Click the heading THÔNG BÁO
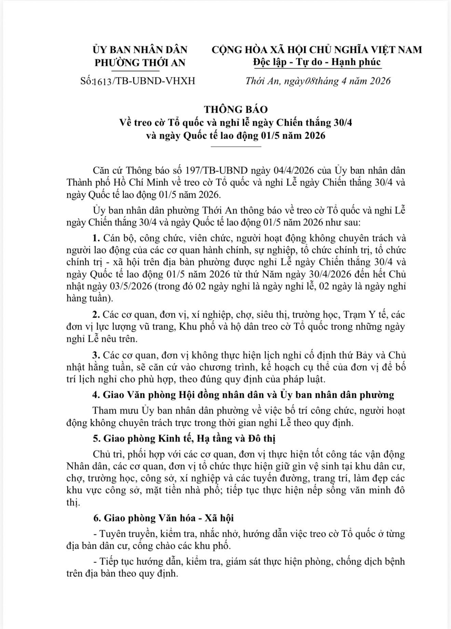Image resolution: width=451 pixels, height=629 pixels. click(236, 109)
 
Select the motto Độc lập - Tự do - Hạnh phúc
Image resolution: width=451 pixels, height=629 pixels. click(317, 62)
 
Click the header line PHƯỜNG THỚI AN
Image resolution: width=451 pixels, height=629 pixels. click(140, 62)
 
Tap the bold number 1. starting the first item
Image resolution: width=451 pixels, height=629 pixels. click(96, 238)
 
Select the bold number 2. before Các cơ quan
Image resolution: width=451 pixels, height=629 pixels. click(96, 314)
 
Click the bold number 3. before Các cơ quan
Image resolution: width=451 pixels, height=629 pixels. click(96, 355)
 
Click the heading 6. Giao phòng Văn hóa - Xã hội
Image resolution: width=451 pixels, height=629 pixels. click(163, 518)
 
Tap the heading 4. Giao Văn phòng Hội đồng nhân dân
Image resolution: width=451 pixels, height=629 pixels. click(243, 395)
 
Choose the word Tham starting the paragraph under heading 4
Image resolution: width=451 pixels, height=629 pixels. click(104, 410)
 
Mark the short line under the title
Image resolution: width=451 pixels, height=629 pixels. click(236, 146)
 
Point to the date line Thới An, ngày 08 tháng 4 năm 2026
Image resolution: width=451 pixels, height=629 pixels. click(318, 81)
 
